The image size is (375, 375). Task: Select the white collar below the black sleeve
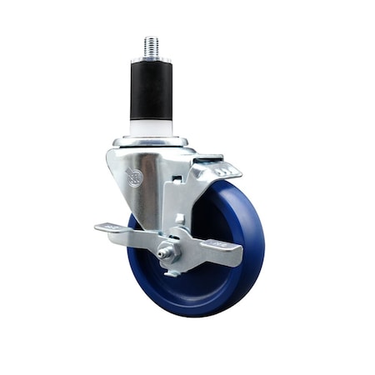click(151, 127)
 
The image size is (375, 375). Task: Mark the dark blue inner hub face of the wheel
click(208, 275)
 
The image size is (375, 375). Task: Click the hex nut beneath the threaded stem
click(151, 60)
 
